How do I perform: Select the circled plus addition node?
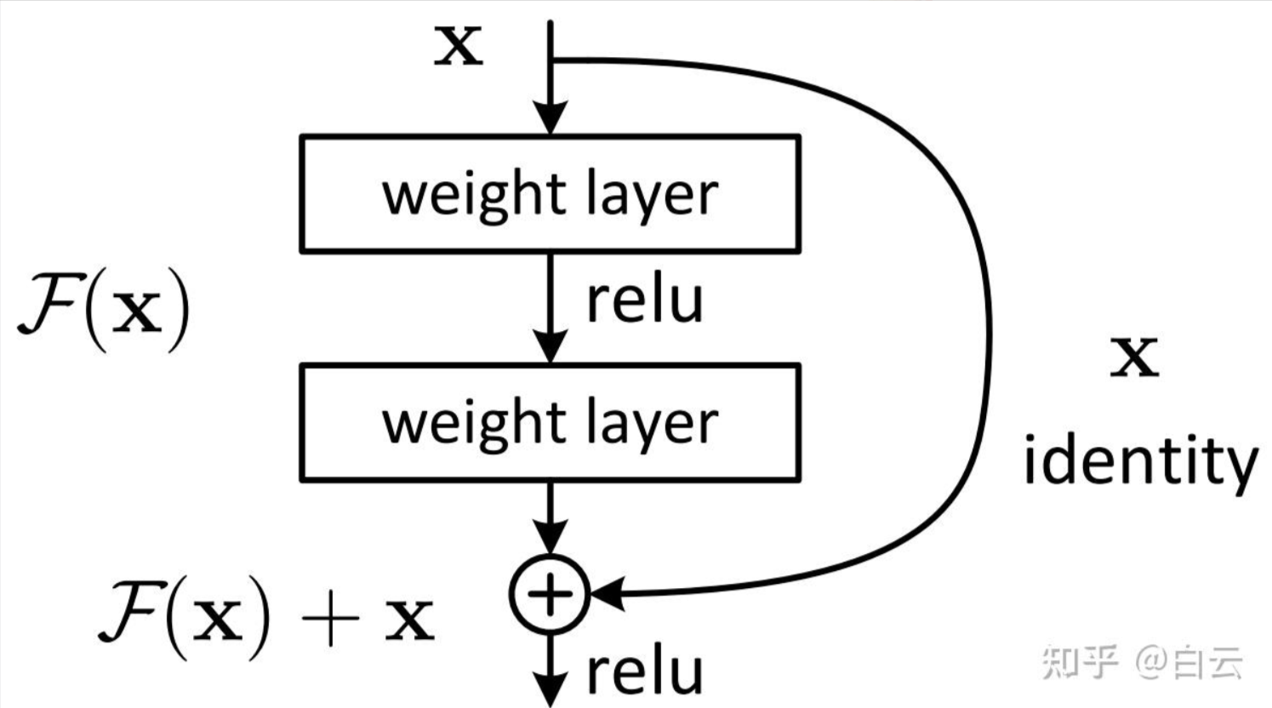550,594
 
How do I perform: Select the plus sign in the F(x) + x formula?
329,619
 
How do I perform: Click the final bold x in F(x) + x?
409,621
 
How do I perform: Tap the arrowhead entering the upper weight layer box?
550,118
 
